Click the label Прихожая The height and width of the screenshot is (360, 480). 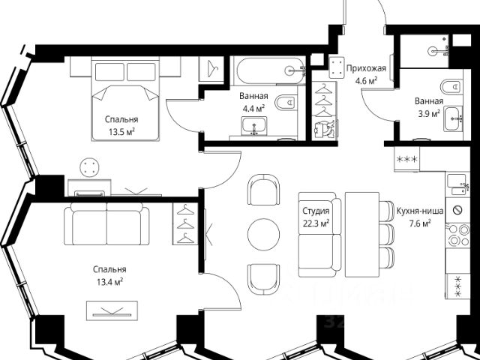tap(366, 68)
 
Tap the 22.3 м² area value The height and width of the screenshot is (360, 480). tap(316, 223)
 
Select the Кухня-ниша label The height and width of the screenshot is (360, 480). tap(420, 211)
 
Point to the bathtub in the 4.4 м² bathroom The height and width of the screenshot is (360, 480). tap(271, 71)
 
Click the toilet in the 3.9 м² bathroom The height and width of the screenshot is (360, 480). tap(451, 87)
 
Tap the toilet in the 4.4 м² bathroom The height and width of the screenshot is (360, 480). tap(286, 102)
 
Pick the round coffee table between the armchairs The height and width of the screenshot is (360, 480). tap(263, 235)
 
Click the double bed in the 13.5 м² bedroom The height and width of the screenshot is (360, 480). tap(125, 100)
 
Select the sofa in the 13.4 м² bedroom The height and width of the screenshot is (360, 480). tap(106, 223)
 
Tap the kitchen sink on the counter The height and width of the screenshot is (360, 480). tap(457, 184)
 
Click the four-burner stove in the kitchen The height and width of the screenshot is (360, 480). tap(457, 235)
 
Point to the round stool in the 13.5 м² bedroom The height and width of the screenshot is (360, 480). tap(89, 167)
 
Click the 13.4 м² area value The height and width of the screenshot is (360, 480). tap(110, 282)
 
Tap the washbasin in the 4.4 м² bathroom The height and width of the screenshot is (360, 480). tap(253, 126)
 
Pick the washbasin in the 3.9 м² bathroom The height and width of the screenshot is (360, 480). tap(453, 118)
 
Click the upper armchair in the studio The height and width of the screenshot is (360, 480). tap(263, 190)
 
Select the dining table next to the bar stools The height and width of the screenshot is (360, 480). tap(362, 235)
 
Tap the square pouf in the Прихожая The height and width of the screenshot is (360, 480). tap(337, 67)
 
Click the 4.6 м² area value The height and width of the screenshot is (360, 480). tap(366, 81)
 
